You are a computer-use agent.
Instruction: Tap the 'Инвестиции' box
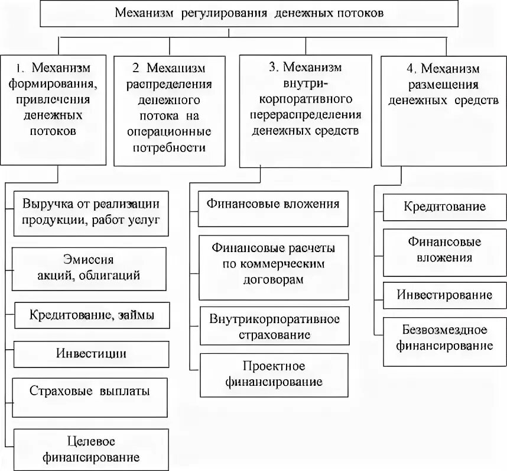(x=92, y=354)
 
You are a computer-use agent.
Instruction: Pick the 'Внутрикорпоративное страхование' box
(x=274, y=326)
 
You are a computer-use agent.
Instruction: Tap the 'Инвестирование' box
(x=444, y=295)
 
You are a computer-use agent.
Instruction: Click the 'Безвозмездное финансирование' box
(x=444, y=337)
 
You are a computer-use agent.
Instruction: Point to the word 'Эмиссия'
(x=90, y=260)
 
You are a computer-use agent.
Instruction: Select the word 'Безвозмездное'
(x=444, y=330)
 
